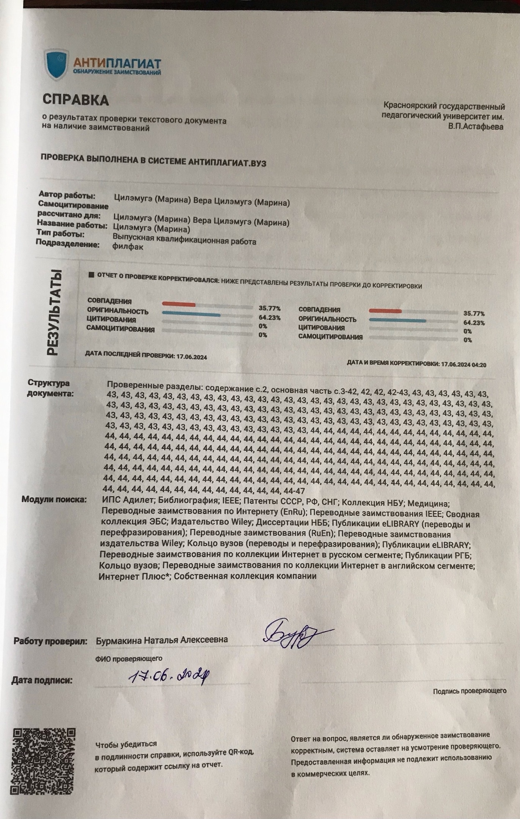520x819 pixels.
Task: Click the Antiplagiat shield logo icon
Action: [56, 65]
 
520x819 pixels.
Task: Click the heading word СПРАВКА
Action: [75, 100]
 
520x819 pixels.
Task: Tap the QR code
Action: [44, 761]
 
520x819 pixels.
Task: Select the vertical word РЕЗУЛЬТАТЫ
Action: [53, 313]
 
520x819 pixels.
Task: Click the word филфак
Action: [128, 246]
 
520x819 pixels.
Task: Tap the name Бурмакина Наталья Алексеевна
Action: [162, 640]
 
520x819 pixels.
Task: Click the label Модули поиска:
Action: [54, 499]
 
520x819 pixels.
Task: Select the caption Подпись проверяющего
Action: [470, 691]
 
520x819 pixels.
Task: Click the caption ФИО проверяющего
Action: [129, 659]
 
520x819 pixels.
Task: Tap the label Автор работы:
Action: [67, 196]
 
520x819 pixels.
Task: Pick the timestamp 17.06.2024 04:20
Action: [463, 365]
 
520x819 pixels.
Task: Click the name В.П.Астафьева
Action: [476, 127]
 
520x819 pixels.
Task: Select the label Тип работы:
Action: [60, 234]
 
